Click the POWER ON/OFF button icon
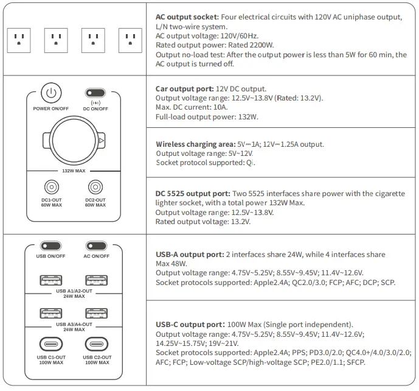pos(52,94)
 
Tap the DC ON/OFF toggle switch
pos(95,93)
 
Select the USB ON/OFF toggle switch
pos(51,245)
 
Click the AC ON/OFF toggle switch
pos(95,245)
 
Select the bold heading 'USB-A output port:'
pos(189,254)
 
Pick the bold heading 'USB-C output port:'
pos(189,325)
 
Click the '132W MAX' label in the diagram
pos(74,172)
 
